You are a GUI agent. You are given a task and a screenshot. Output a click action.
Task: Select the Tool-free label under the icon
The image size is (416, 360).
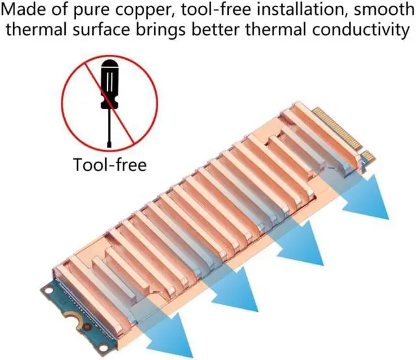tap(110, 164)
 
